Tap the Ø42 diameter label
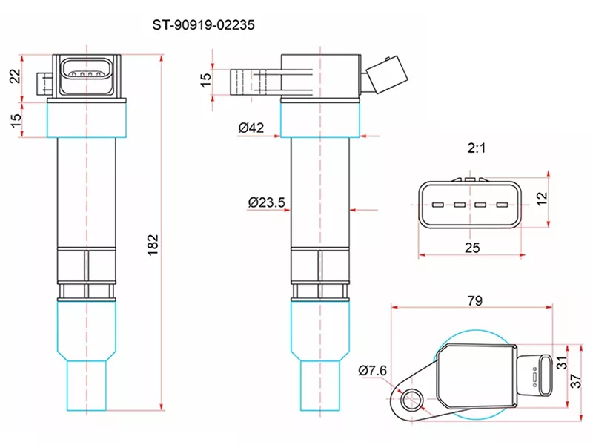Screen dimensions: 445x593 (x=251, y=128)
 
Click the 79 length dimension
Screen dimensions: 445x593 (x=475, y=300)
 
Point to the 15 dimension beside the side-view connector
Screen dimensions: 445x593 (x=206, y=77)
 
